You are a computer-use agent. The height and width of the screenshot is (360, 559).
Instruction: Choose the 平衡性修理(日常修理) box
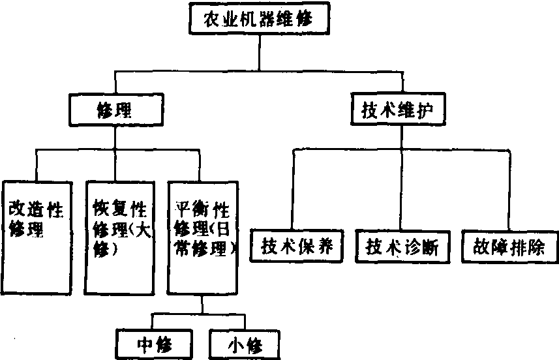click(x=202, y=238)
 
